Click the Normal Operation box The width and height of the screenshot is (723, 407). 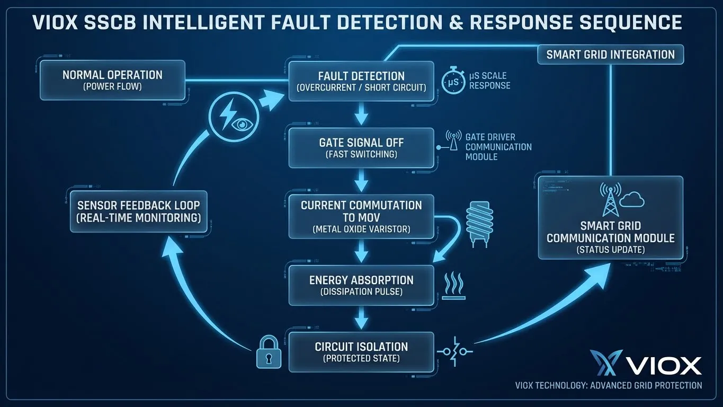click(x=112, y=80)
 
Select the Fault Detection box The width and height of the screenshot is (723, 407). click(x=361, y=81)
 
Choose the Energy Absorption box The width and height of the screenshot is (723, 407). click(x=361, y=285)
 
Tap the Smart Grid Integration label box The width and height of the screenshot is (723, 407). click(x=610, y=55)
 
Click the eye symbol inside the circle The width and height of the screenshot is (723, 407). click(x=242, y=125)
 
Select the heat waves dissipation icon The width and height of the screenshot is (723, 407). click(x=453, y=286)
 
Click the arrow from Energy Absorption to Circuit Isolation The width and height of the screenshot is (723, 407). click(x=361, y=318)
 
